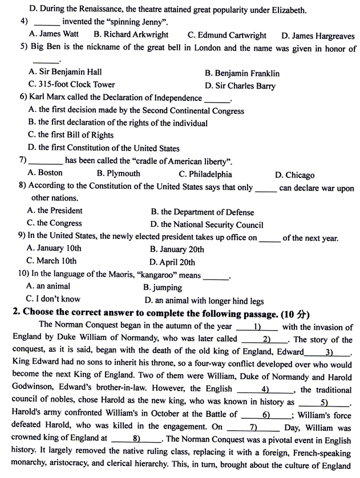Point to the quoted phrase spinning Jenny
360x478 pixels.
(135, 22)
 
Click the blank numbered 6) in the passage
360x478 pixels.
(266, 415)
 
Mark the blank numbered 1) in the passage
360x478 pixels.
(257, 327)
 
